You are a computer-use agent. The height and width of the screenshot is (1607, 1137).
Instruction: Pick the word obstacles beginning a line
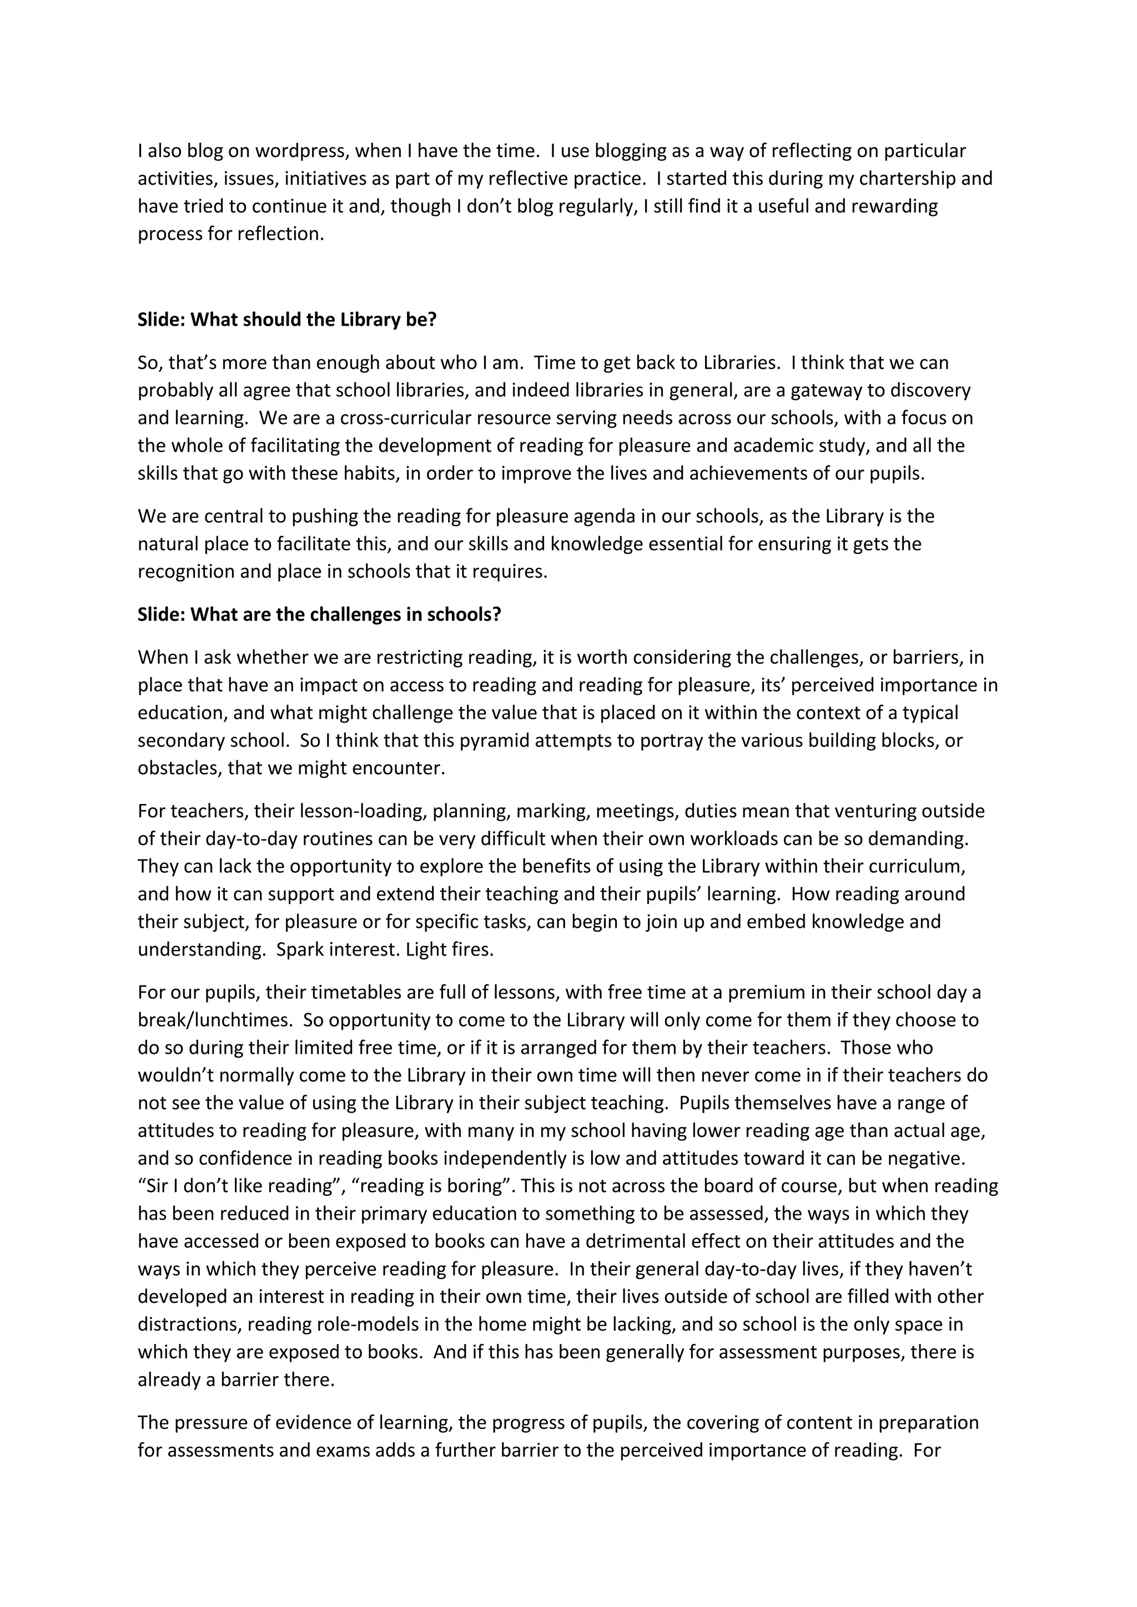pyautogui.click(x=179, y=769)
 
